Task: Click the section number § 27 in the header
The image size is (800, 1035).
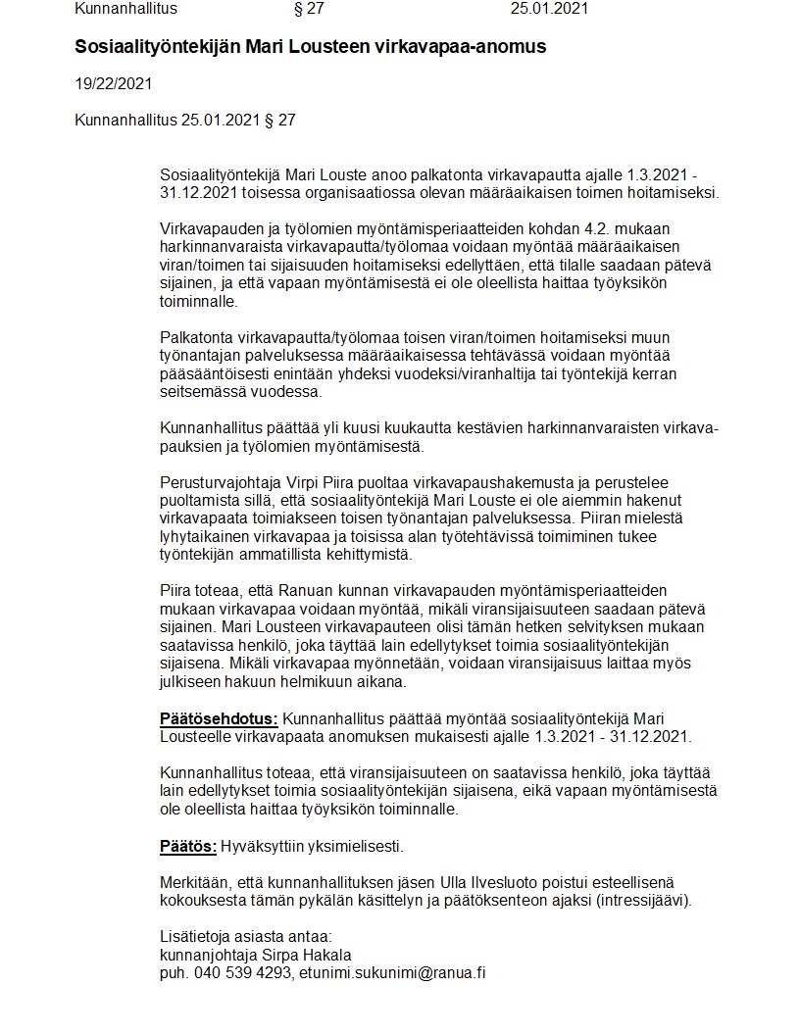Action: [309, 9]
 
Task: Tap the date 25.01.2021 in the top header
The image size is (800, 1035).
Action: [550, 9]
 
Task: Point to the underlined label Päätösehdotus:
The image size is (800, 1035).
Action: [219, 719]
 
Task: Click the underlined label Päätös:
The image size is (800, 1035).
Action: [187, 846]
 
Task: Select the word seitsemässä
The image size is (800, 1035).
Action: [201, 392]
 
